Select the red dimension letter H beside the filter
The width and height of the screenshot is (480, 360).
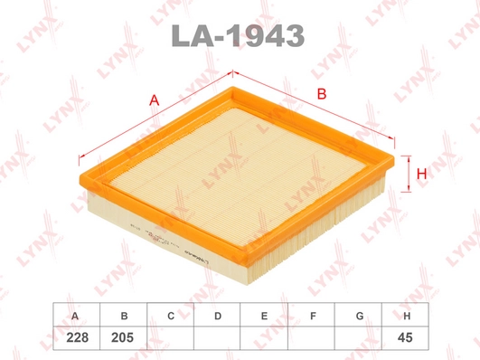(x=420, y=171)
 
